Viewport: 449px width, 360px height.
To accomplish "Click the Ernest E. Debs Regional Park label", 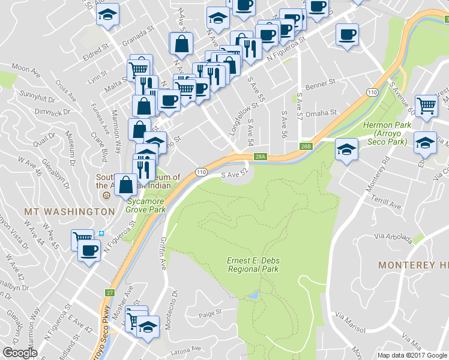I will pos(253,265).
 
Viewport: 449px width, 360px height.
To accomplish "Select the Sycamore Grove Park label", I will pos(145,205).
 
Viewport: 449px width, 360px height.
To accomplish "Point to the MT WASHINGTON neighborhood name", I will pos(69,212).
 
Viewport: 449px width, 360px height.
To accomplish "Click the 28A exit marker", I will pos(259,157).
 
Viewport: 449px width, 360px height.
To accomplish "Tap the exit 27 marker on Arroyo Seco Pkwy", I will pos(109,293).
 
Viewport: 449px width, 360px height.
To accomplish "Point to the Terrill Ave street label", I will pos(387,205).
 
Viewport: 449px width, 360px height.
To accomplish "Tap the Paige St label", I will pos(211,312).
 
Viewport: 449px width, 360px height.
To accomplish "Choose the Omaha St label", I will pos(324,113).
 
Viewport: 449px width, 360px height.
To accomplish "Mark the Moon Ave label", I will pos(25,69).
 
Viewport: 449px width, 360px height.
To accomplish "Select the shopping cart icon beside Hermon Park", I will pos(426,106).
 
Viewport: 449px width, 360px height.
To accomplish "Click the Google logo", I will pos(20,353).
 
